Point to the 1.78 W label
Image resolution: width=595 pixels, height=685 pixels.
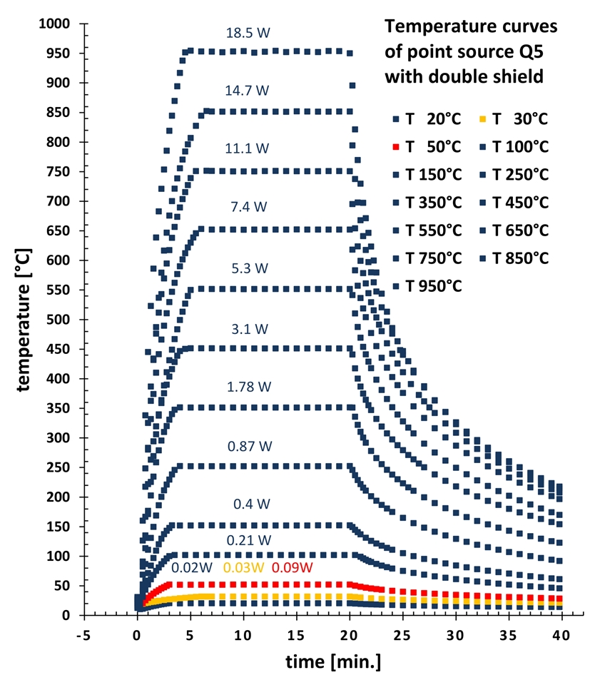250,387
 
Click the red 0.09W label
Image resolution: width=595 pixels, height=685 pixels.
293,568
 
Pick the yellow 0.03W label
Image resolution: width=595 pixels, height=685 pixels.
244,568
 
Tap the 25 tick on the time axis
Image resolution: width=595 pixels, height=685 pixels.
402,631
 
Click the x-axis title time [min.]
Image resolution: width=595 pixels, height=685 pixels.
323,662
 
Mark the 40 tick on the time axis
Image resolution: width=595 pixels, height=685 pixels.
561,631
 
